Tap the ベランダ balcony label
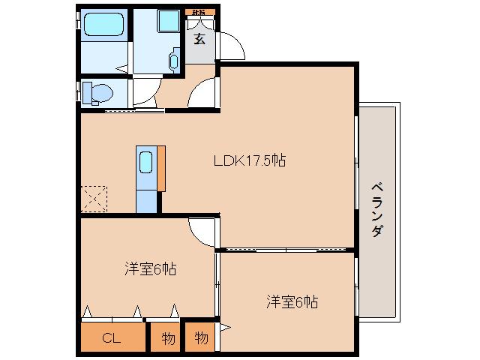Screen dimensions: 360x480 click(377, 209)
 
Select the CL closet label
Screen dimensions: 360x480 click(111, 338)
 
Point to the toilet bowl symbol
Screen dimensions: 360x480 click(98, 93)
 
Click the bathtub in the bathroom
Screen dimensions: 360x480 click(104, 27)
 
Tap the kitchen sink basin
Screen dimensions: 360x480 click(146, 162)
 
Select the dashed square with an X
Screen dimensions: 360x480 click(94, 199)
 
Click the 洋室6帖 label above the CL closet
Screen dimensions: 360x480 click(150, 268)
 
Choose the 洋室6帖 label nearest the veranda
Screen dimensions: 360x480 click(292, 302)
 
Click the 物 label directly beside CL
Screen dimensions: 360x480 click(168, 338)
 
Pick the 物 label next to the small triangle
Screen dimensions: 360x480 click(201, 338)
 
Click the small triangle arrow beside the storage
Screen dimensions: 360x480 click(225, 328)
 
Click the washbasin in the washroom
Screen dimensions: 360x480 click(175, 58)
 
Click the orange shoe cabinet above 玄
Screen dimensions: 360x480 click(199, 12)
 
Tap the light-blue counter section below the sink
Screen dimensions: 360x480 click(147, 199)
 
